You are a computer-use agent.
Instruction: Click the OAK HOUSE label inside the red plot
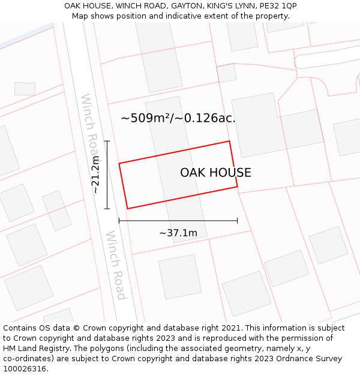(x=215, y=173)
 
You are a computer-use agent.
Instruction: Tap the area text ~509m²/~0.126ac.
(x=178, y=118)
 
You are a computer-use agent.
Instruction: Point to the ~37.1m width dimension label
(x=178, y=233)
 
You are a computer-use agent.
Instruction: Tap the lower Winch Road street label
(x=116, y=265)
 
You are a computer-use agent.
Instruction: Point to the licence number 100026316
(x=25, y=369)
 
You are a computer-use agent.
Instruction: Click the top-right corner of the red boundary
(x=229, y=142)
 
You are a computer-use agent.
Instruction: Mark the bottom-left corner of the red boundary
(x=127, y=209)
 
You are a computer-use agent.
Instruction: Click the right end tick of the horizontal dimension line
(x=238, y=221)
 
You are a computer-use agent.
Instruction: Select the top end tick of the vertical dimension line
(x=107, y=141)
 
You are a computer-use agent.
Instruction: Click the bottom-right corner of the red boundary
(x=238, y=187)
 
